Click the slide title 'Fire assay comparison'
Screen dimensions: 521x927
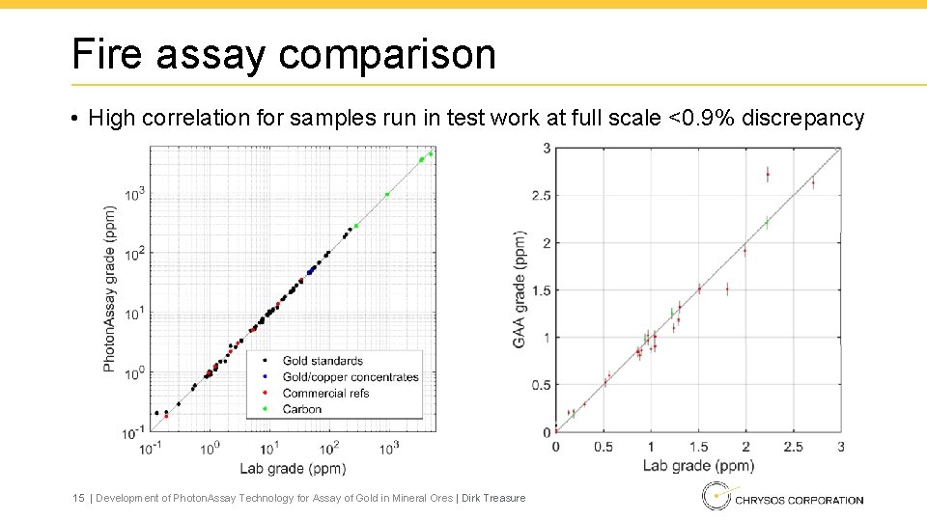click(x=283, y=54)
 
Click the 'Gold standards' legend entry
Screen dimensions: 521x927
click(x=323, y=361)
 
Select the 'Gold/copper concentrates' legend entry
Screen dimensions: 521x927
click(x=351, y=377)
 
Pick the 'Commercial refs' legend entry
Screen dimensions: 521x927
click(x=325, y=393)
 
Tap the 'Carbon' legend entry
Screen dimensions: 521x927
click(x=302, y=409)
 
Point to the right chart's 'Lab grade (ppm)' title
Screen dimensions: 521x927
click(x=698, y=465)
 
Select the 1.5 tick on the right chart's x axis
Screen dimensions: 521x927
click(x=698, y=447)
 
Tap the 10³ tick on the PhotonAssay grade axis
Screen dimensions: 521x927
click(x=134, y=194)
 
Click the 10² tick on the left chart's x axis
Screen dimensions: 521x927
click(x=330, y=449)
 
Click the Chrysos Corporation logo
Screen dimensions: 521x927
click(x=784, y=498)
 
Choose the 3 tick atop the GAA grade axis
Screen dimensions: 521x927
click(x=547, y=148)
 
